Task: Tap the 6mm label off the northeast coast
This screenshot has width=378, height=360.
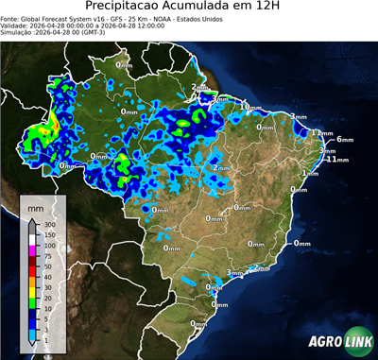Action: (344, 139)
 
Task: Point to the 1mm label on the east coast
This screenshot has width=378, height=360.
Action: (310, 174)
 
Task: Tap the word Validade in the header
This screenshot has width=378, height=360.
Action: (16, 26)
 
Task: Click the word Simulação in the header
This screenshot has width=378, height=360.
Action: (18, 33)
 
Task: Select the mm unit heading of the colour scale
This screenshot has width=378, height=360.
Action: (35, 205)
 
